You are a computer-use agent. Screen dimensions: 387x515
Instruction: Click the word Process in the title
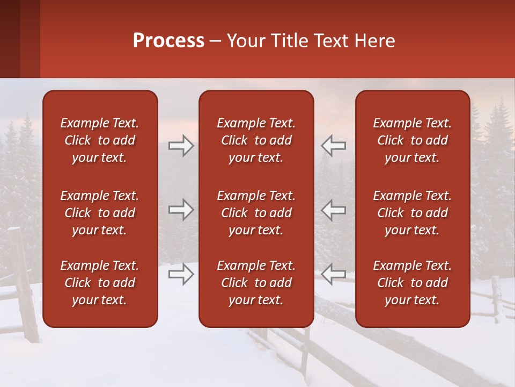click(x=168, y=41)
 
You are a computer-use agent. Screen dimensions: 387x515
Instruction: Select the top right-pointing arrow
click(x=181, y=146)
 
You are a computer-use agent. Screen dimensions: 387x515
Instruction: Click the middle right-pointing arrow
click(x=181, y=210)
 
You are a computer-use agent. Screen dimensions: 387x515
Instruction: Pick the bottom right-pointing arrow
click(x=181, y=274)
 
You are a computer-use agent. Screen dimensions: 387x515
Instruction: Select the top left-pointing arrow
click(x=333, y=146)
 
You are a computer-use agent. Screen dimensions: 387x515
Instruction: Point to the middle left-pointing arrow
click(x=333, y=210)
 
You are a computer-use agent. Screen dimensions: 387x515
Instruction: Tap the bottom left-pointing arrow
click(x=333, y=274)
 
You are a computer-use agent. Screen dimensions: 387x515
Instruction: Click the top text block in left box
click(x=100, y=140)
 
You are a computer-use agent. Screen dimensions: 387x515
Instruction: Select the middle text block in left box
click(x=100, y=213)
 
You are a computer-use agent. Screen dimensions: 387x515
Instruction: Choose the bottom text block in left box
click(x=100, y=283)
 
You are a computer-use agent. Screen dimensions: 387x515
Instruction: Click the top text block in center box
click(x=256, y=140)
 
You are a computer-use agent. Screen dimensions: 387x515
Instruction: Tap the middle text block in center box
click(x=256, y=213)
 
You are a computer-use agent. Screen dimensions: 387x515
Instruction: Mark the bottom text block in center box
click(x=256, y=283)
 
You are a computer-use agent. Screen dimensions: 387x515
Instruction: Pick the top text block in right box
click(x=412, y=140)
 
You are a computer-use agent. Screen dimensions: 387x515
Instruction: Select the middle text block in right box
click(x=412, y=213)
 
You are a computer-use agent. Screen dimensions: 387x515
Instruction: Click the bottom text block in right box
click(x=412, y=283)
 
